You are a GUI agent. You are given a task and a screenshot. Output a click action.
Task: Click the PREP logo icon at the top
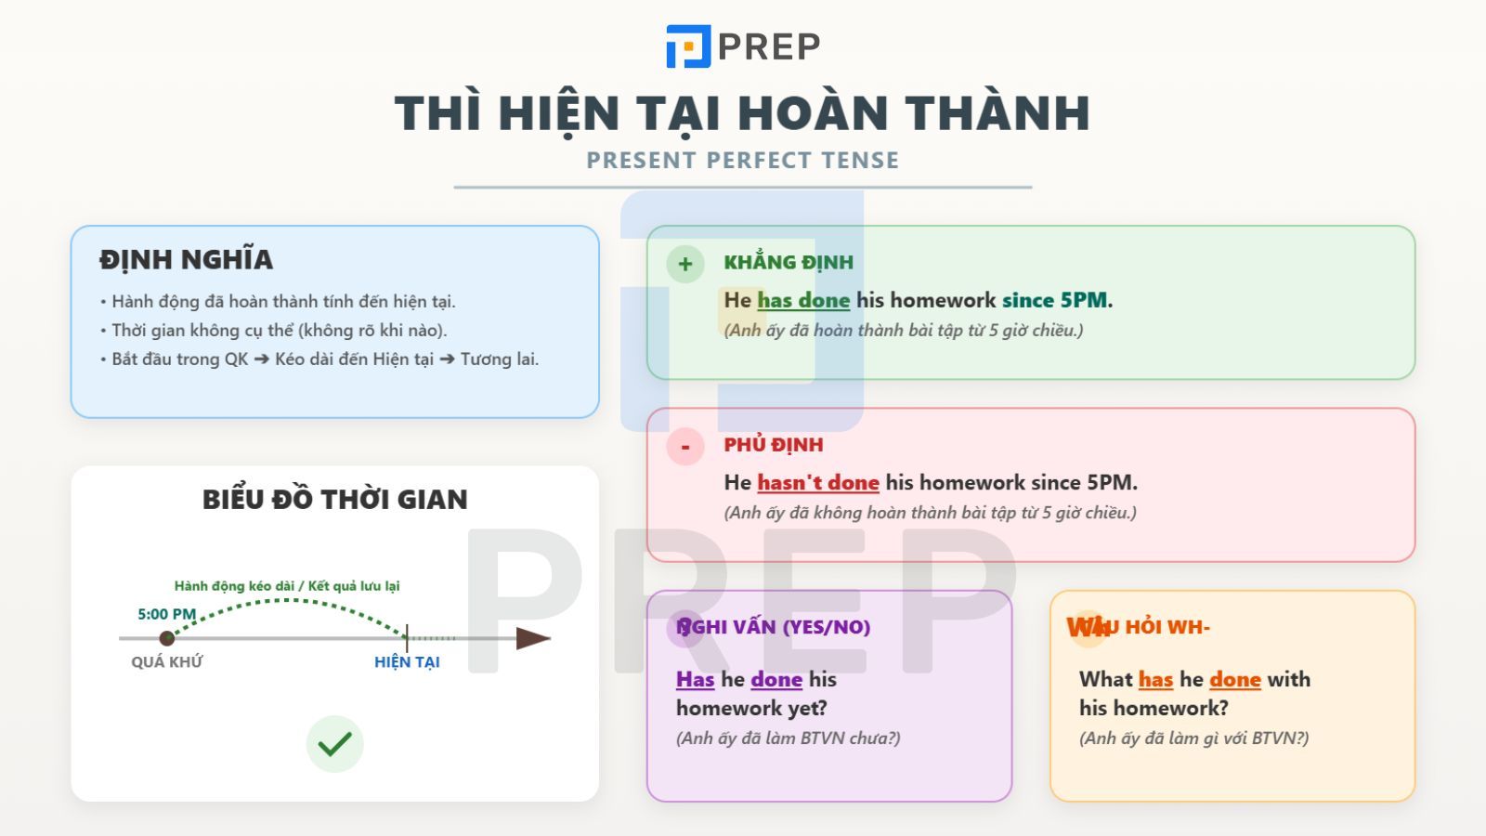pos(688,46)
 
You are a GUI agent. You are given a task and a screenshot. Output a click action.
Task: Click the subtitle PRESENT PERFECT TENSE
pos(742,161)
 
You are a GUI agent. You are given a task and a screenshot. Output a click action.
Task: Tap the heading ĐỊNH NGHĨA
pos(186,260)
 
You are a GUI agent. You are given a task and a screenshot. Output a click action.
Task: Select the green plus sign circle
pos(685,264)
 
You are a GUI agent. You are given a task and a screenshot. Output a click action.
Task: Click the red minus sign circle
pos(685,447)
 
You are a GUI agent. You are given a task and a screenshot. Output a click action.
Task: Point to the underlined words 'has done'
pos(803,300)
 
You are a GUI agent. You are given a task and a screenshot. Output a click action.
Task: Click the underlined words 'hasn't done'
pos(817,483)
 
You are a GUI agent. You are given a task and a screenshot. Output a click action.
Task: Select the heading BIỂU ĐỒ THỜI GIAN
pos(334,500)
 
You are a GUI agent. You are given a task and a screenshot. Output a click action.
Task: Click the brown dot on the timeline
pos(167,638)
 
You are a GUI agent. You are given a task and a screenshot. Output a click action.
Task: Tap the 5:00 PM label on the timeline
pos(167,614)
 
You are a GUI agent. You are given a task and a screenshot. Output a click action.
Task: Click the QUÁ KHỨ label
pos(167,662)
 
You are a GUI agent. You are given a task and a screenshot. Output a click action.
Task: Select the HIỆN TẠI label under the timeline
pos(407,662)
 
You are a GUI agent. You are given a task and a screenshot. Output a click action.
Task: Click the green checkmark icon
pos(334,744)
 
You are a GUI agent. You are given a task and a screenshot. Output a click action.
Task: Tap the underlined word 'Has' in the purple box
pos(695,680)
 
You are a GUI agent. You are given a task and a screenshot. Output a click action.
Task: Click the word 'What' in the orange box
pos(1105,680)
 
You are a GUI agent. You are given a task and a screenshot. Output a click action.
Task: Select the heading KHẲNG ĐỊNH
pos(789,263)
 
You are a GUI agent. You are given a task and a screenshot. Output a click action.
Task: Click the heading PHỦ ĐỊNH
pos(774,445)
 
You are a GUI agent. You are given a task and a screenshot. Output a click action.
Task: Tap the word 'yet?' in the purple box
pos(806,709)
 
